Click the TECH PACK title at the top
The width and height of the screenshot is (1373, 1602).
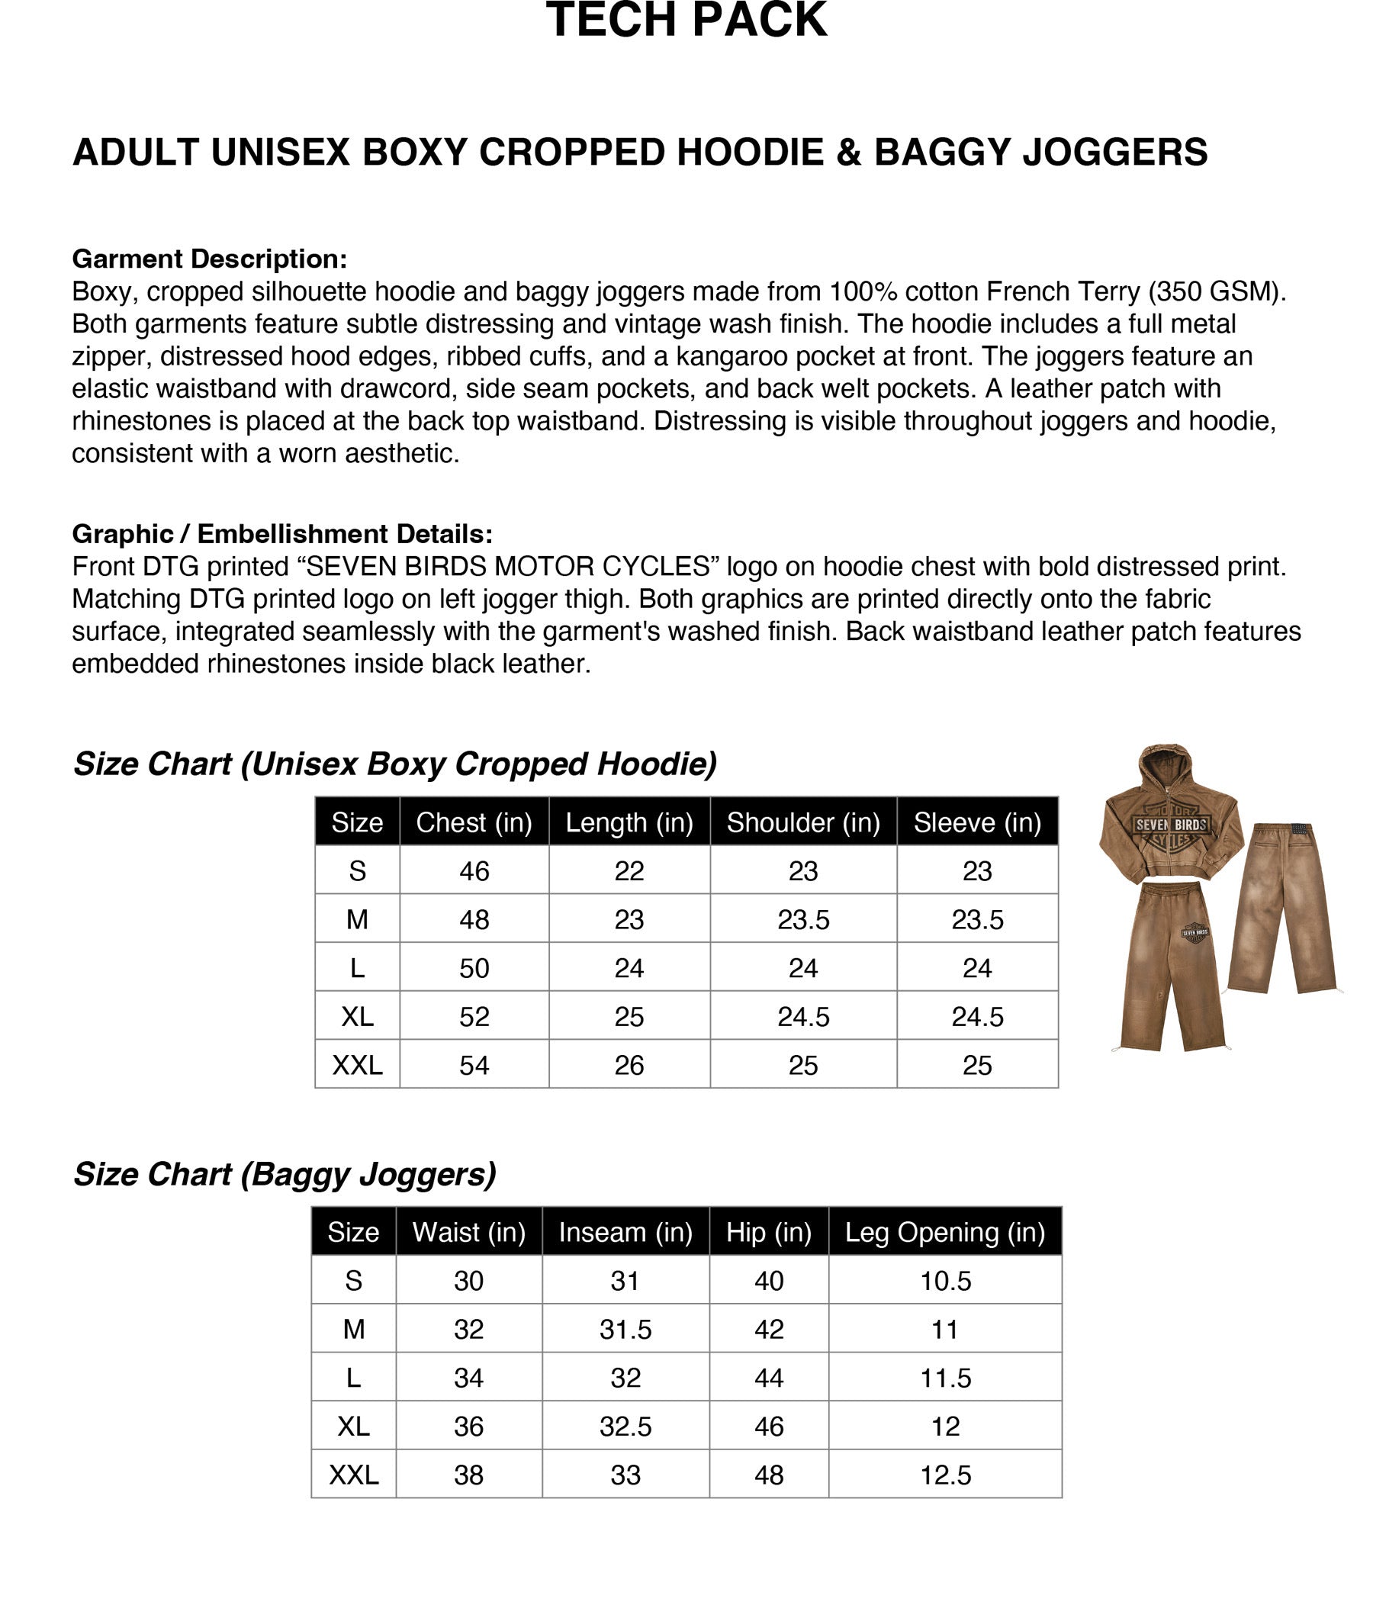pos(686,20)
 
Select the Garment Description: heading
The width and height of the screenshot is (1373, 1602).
pos(210,259)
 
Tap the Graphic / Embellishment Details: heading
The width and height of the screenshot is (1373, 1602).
pos(282,533)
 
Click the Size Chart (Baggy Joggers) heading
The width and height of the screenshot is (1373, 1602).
pos(285,1174)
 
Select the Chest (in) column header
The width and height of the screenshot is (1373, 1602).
pos(474,822)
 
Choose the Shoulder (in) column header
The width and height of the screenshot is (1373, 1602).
pos(803,822)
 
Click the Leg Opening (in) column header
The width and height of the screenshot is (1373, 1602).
pos(945,1232)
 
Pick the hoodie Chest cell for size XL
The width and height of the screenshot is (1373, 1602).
pos(474,1016)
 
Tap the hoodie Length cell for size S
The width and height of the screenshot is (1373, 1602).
pos(629,870)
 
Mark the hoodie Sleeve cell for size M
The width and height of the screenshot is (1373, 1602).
pos(977,919)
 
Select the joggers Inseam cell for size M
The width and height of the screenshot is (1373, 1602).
pos(625,1329)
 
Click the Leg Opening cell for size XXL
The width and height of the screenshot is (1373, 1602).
pos(945,1475)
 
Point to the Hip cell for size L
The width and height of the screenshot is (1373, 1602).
pos(769,1378)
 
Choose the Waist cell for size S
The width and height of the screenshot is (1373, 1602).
pos(468,1280)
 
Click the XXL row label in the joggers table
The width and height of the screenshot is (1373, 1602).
pos(354,1475)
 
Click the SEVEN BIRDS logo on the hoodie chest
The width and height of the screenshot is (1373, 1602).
pos(1171,825)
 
